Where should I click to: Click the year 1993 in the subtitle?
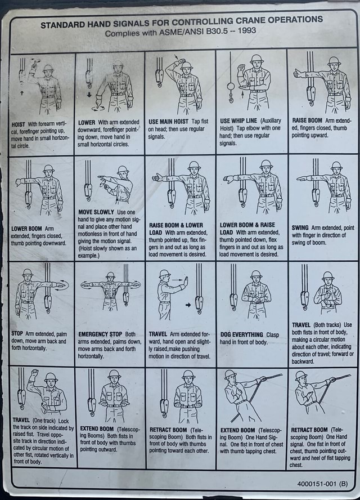point(246,30)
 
